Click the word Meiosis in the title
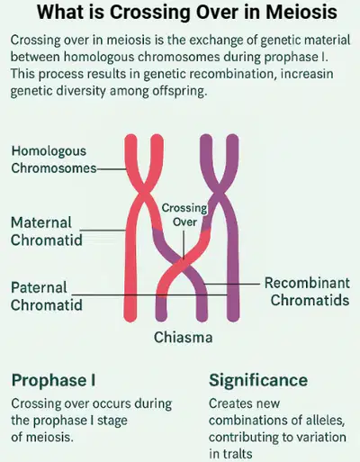point(301,12)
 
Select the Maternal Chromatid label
point(47,231)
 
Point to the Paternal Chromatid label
point(47,296)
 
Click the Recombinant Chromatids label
point(307,292)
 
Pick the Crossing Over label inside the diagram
point(184,215)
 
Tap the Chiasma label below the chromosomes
point(184,337)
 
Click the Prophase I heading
point(54,380)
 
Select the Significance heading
point(258,380)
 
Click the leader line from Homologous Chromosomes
point(112,169)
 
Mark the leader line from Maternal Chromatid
point(103,231)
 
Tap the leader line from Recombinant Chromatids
point(231,283)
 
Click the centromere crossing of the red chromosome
point(144,190)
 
